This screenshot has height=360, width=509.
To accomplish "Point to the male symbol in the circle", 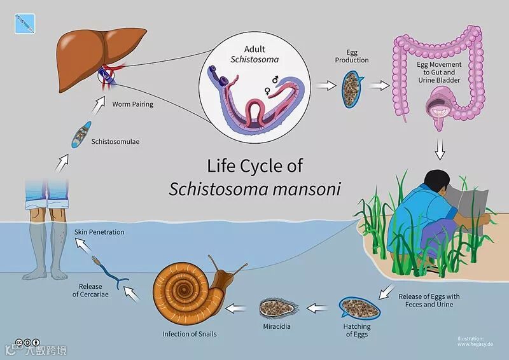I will [x=275, y=80].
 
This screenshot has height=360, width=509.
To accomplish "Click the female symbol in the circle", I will [x=268, y=91].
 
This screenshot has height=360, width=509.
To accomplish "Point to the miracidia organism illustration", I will [x=276, y=308].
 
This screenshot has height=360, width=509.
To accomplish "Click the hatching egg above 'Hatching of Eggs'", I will [x=359, y=308].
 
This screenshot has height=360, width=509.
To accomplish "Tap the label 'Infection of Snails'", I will [x=189, y=333].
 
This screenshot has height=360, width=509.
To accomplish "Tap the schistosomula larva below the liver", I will [x=81, y=134].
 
